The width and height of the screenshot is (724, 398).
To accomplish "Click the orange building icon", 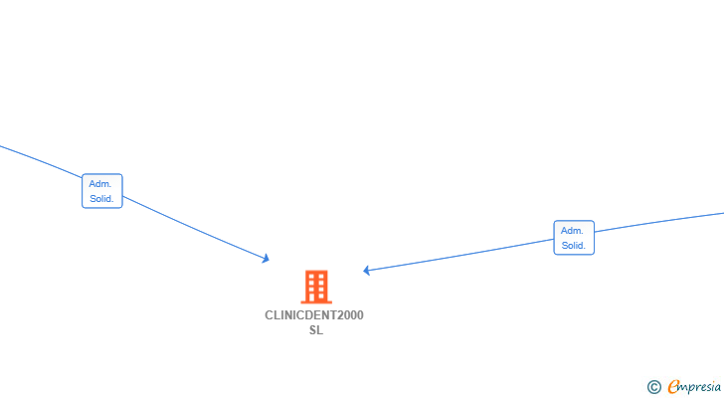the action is click(316, 287).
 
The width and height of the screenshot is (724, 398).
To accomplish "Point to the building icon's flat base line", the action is click(316, 301).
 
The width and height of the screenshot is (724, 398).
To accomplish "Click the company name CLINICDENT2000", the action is click(314, 315).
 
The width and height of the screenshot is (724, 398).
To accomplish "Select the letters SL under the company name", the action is click(316, 330).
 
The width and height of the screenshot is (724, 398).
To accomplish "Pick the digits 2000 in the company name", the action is click(350, 315).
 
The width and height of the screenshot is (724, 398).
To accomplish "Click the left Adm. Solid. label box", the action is click(102, 191).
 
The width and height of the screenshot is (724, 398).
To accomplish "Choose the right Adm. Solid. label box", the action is click(574, 238).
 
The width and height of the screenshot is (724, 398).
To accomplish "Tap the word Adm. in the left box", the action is click(100, 184).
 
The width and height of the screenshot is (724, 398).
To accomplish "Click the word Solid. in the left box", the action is click(101, 199).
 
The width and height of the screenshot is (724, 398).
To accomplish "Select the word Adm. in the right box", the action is click(572, 231).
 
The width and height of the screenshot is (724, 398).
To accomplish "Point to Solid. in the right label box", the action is click(574, 246).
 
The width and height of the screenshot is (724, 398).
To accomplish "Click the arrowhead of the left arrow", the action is click(266, 259).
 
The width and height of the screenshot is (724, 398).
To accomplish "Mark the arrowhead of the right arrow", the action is click(366, 271).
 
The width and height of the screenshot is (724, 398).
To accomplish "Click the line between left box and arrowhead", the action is click(194, 228).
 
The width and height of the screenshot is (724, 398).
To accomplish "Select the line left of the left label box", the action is click(41, 161).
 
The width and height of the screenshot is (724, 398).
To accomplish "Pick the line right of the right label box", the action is click(659, 222).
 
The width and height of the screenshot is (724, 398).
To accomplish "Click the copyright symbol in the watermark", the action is click(654, 387).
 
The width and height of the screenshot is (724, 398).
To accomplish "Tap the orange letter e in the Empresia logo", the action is click(673, 386).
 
